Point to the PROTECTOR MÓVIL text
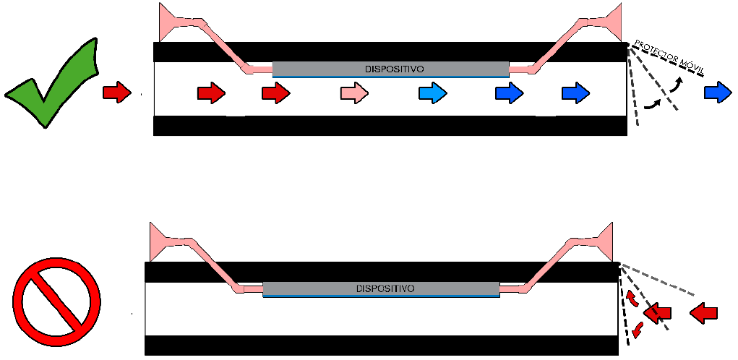click(669, 56)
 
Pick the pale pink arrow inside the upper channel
click(355, 93)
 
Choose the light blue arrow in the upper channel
click(433, 93)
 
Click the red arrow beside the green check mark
click(117, 92)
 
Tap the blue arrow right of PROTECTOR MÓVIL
click(718, 92)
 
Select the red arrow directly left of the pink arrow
click(275, 93)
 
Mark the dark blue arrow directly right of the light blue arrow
click(510, 93)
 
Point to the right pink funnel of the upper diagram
click(609, 22)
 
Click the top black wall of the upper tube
click(390, 51)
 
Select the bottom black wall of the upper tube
click(390, 125)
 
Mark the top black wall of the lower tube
click(381, 271)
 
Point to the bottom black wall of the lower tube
click(381, 345)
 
